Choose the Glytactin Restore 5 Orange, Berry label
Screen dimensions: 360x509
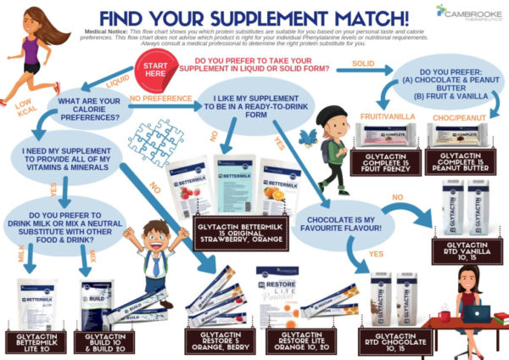click(x=219, y=340)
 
